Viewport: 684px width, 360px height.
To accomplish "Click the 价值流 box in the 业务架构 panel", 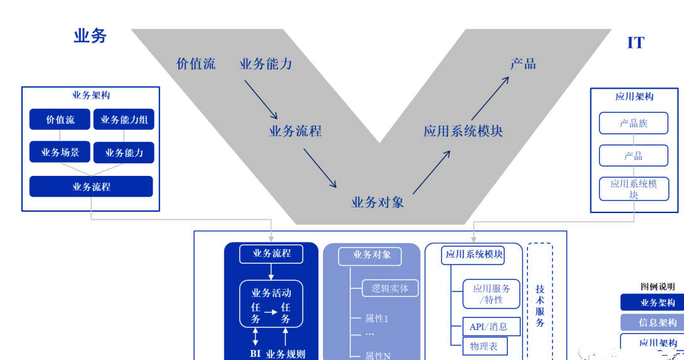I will click(60, 119).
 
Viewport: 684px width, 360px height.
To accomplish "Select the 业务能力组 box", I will click(124, 119).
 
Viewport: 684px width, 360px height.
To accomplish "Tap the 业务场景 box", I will click(60, 152).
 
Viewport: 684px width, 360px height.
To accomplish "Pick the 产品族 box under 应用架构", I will click(633, 123).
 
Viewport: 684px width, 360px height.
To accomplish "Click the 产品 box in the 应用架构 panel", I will click(633, 156).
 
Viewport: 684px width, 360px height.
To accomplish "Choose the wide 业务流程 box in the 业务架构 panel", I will click(91, 187).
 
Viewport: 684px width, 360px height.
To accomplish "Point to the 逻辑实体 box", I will click(390, 288).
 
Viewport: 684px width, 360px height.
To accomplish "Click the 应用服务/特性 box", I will click(491, 294).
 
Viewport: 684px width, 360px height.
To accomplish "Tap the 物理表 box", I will click(484, 346).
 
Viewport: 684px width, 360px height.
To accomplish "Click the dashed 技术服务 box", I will click(540, 302).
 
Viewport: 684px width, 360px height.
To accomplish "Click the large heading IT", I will click(636, 43).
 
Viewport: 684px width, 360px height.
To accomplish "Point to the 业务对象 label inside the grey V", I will click(377, 202).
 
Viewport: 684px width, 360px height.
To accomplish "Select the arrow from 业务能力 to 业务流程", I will click(261, 99).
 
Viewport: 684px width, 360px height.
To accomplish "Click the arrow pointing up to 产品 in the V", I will click(489, 99).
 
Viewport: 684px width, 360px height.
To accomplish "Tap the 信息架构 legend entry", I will click(658, 322).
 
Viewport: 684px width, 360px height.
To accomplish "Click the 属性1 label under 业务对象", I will click(377, 319).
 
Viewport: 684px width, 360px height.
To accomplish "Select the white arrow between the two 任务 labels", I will click(270, 311).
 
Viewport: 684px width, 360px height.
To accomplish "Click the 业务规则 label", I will click(285, 354).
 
